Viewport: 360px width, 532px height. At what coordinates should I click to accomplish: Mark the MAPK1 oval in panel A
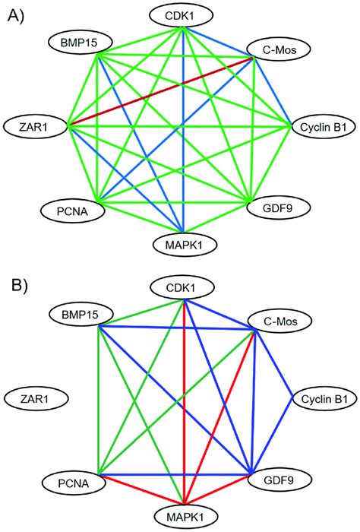pyautogui.click(x=183, y=245)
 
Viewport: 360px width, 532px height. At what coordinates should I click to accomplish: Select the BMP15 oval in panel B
pyautogui.click(x=75, y=313)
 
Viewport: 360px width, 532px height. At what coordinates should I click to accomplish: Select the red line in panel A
pyautogui.click(x=159, y=90)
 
